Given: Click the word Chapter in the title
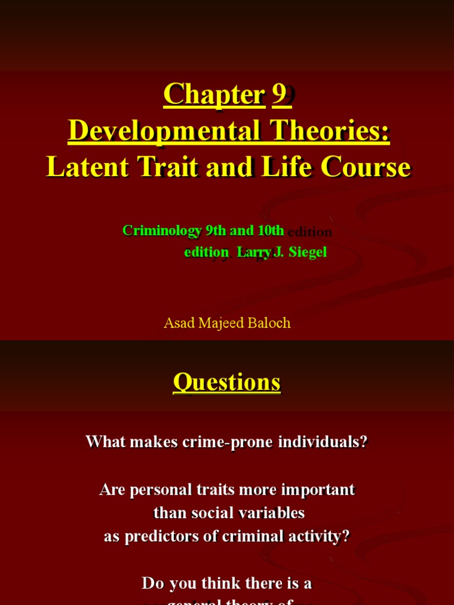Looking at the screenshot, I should click(x=213, y=95).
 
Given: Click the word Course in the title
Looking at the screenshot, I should click(x=368, y=167).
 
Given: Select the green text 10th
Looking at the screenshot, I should click(x=269, y=230).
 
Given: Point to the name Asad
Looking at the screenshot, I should click(x=178, y=323).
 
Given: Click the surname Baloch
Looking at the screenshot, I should click(x=270, y=323).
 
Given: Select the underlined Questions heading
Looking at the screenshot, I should click(x=227, y=382).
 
